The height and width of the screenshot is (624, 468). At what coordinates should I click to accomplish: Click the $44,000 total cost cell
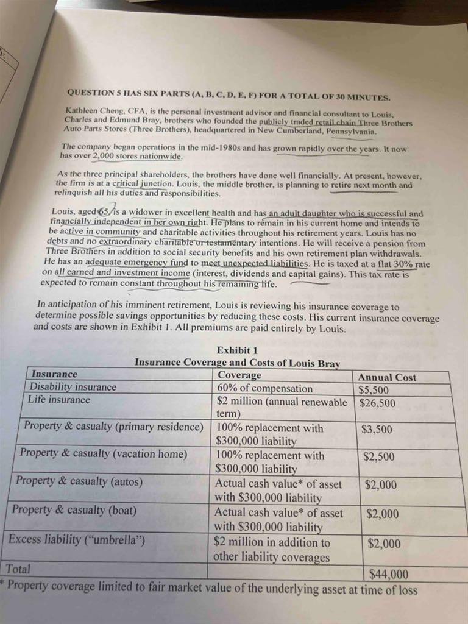[389, 573]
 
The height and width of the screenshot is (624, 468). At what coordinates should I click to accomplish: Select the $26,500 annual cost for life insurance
[377, 403]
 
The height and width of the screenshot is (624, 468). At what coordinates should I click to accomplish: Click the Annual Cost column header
[387, 377]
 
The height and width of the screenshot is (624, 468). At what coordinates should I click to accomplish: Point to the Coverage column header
[239, 375]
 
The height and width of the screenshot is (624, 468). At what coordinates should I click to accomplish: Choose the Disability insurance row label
[73, 387]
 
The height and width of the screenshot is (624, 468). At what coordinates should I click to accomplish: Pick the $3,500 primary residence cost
[377, 429]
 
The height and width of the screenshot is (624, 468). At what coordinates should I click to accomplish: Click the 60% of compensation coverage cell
[264, 388]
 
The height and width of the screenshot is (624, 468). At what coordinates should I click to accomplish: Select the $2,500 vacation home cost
[378, 456]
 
